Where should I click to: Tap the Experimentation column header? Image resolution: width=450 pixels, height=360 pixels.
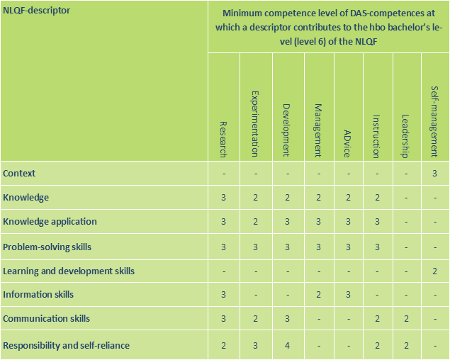[x=255, y=123]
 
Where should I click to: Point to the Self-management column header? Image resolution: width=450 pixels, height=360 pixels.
[x=434, y=120]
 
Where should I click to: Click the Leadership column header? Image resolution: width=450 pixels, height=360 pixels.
[x=405, y=135]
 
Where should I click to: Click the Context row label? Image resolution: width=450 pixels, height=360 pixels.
[x=19, y=173]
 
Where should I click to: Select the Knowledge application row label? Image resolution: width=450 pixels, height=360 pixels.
[x=50, y=221]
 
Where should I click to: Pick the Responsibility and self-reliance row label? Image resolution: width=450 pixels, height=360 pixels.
[x=67, y=345]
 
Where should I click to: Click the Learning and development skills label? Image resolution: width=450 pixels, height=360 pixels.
[x=69, y=271]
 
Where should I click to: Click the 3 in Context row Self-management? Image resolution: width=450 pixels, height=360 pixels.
[x=434, y=173]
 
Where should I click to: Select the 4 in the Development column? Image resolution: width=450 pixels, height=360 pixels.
[x=286, y=345]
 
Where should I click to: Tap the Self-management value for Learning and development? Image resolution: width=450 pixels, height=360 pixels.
[x=434, y=271]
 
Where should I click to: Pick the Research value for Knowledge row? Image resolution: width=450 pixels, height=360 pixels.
[x=223, y=197]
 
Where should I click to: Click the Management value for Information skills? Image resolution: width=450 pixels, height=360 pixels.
[x=319, y=294]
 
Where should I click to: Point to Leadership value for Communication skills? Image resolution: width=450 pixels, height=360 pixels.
[x=405, y=319]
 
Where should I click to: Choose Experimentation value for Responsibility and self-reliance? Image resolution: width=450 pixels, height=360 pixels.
[x=255, y=345]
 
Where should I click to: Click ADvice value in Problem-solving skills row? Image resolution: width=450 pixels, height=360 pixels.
[x=347, y=247]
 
